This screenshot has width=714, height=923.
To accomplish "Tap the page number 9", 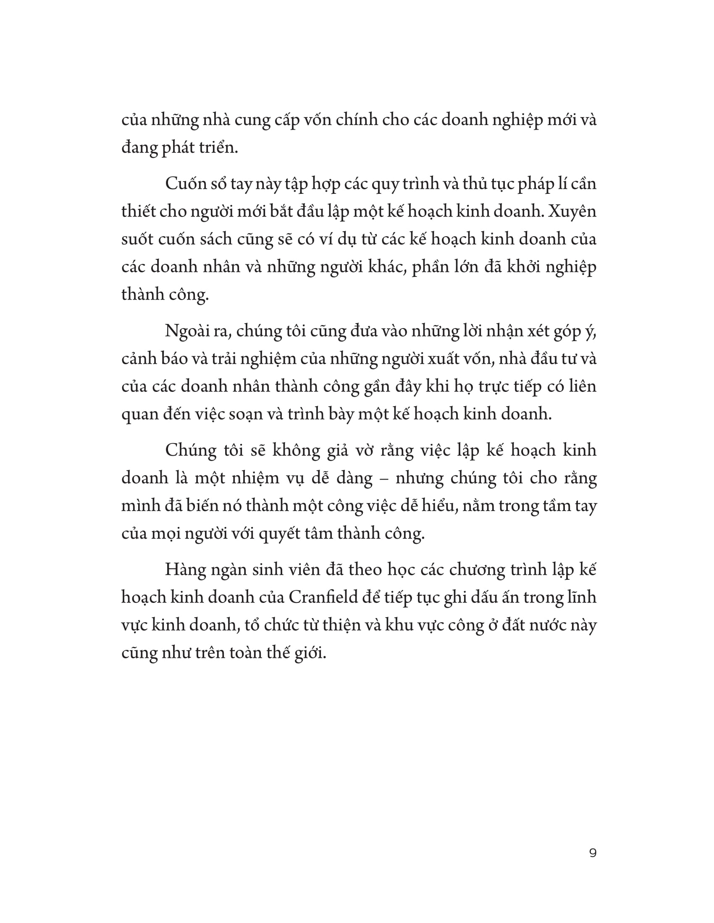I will pos(593,853).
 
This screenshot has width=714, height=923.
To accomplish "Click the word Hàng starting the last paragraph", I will pos(185,569).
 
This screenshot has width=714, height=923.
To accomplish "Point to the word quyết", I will pos(281,534).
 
